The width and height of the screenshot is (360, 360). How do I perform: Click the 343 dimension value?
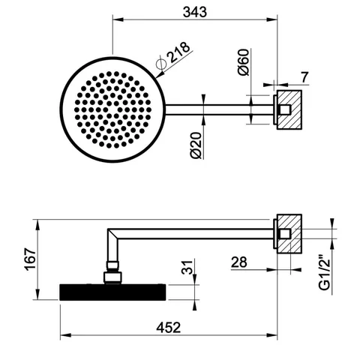(x=195, y=12)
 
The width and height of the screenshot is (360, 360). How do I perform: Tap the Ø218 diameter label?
(x=173, y=55)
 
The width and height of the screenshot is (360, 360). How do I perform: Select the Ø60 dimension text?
(x=244, y=62)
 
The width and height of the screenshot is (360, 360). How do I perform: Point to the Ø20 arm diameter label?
(x=196, y=145)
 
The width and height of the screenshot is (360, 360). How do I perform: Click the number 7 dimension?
(x=304, y=77)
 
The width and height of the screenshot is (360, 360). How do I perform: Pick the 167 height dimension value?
(x=30, y=259)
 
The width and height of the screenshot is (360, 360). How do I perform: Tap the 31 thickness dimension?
(x=187, y=268)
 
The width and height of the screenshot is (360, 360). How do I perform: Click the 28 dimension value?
(x=239, y=262)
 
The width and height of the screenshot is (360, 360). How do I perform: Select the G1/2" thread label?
(x=325, y=272)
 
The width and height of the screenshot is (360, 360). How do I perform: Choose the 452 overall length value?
(x=169, y=328)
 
